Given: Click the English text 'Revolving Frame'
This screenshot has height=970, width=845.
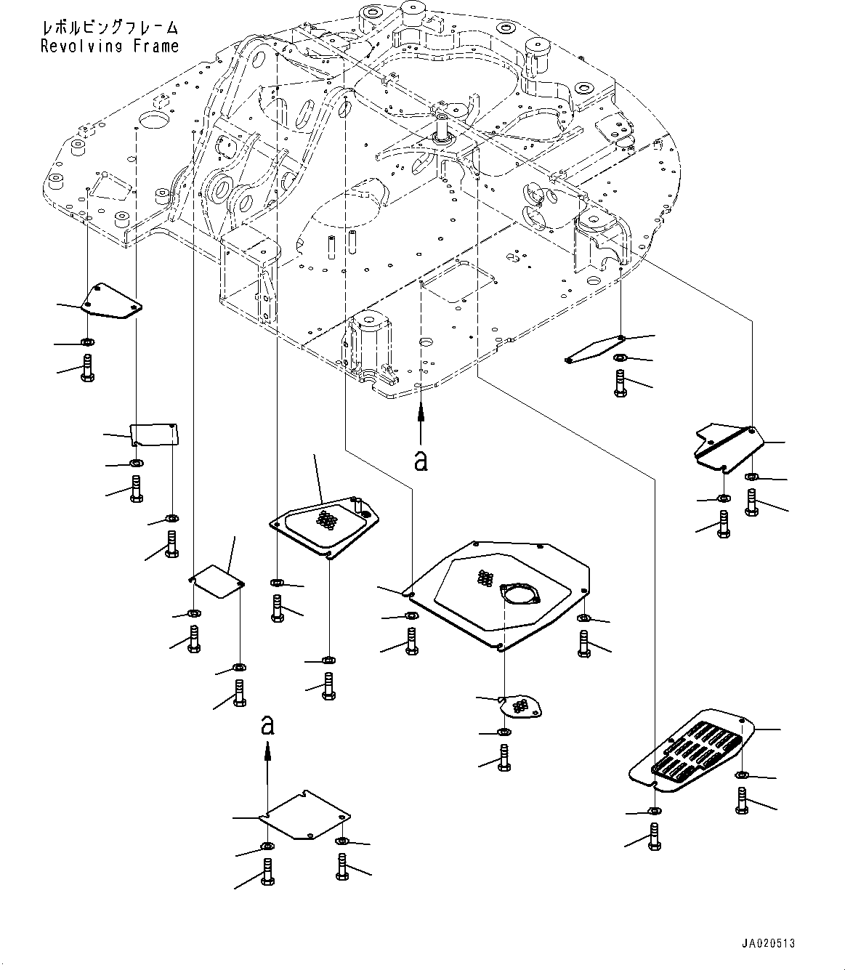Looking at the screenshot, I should point(109,47).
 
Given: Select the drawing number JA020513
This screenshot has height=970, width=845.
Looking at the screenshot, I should point(768,943).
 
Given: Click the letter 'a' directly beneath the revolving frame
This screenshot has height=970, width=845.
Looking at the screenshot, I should point(420,461).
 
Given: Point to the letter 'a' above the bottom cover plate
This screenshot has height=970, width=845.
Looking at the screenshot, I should point(267,725).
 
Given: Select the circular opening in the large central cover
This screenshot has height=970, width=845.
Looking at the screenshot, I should point(519,594).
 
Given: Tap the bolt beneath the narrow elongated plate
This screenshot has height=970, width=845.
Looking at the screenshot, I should point(620,383).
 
